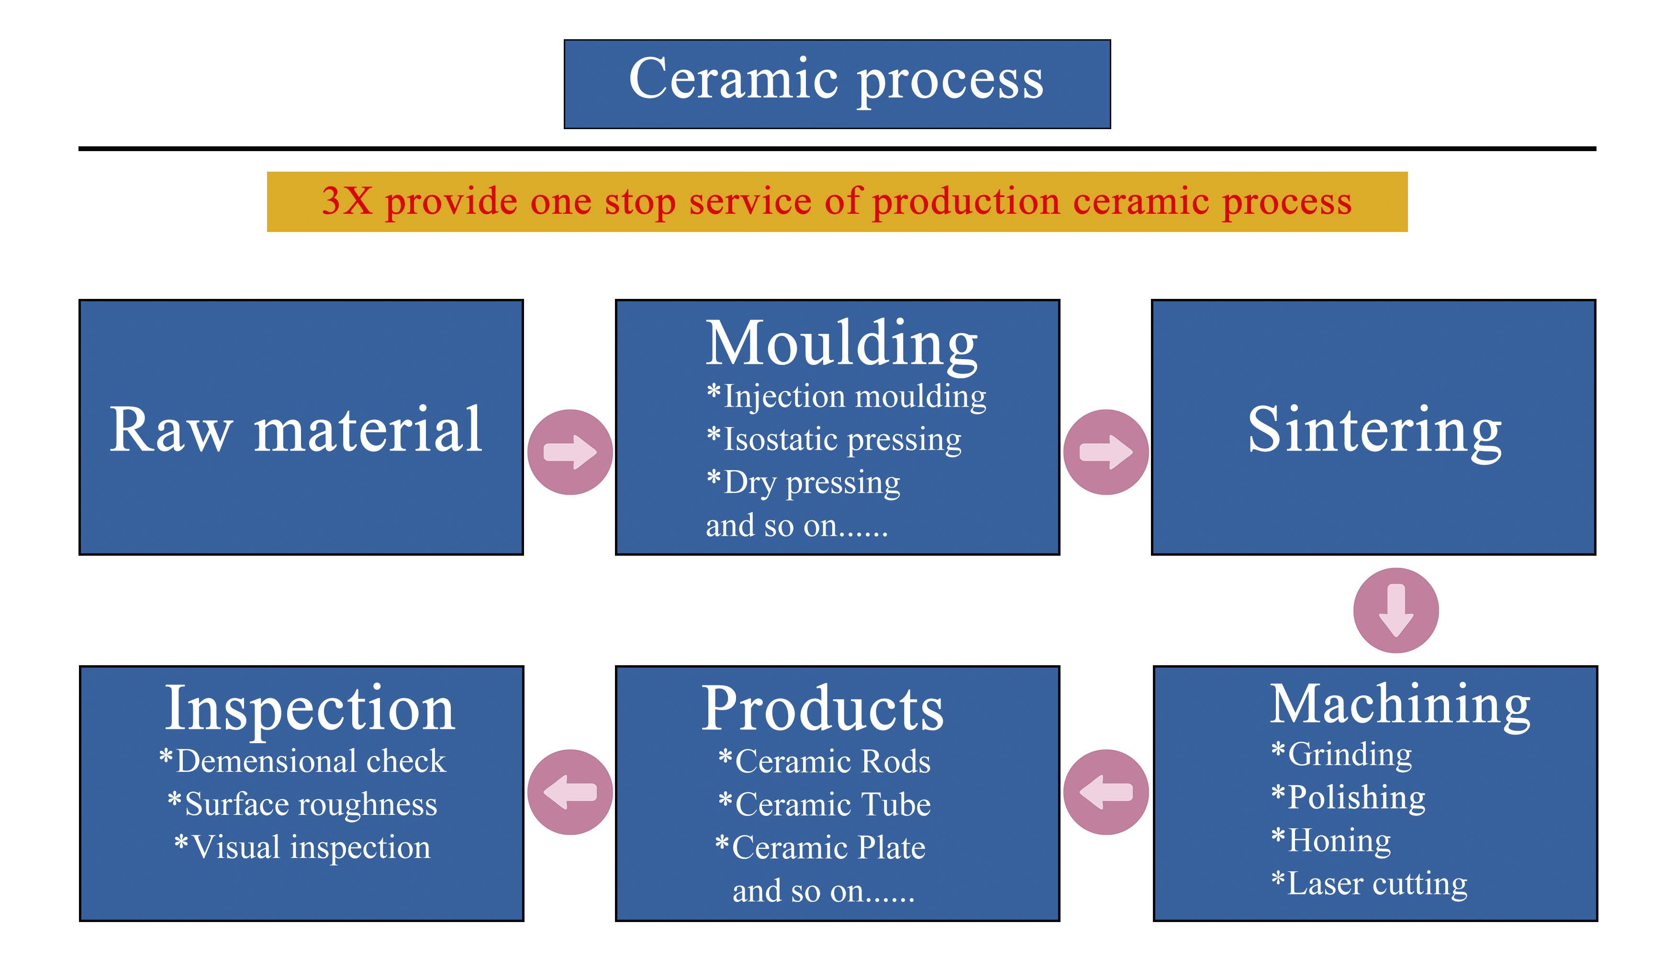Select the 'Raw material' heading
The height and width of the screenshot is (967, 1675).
[296, 430]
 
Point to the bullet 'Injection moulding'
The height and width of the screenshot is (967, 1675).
[847, 396]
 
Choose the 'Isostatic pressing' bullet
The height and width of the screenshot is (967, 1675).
[835, 440]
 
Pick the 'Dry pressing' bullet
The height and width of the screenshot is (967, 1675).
[804, 483]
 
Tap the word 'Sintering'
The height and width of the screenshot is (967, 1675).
[1374, 430]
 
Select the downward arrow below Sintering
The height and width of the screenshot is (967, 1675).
[1396, 610]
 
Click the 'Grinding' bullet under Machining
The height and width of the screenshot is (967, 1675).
[1342, 755]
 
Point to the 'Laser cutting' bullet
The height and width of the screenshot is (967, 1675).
[1369, 884]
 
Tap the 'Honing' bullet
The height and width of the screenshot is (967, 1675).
[1331, 841]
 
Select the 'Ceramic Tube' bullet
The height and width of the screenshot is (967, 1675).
[825, 804]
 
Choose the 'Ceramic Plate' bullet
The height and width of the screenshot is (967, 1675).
[821, 847]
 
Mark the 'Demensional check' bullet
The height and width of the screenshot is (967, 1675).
[303, 761]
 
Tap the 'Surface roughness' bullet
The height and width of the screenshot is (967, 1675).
[303, 804]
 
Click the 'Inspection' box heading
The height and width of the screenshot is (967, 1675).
[310, 708]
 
